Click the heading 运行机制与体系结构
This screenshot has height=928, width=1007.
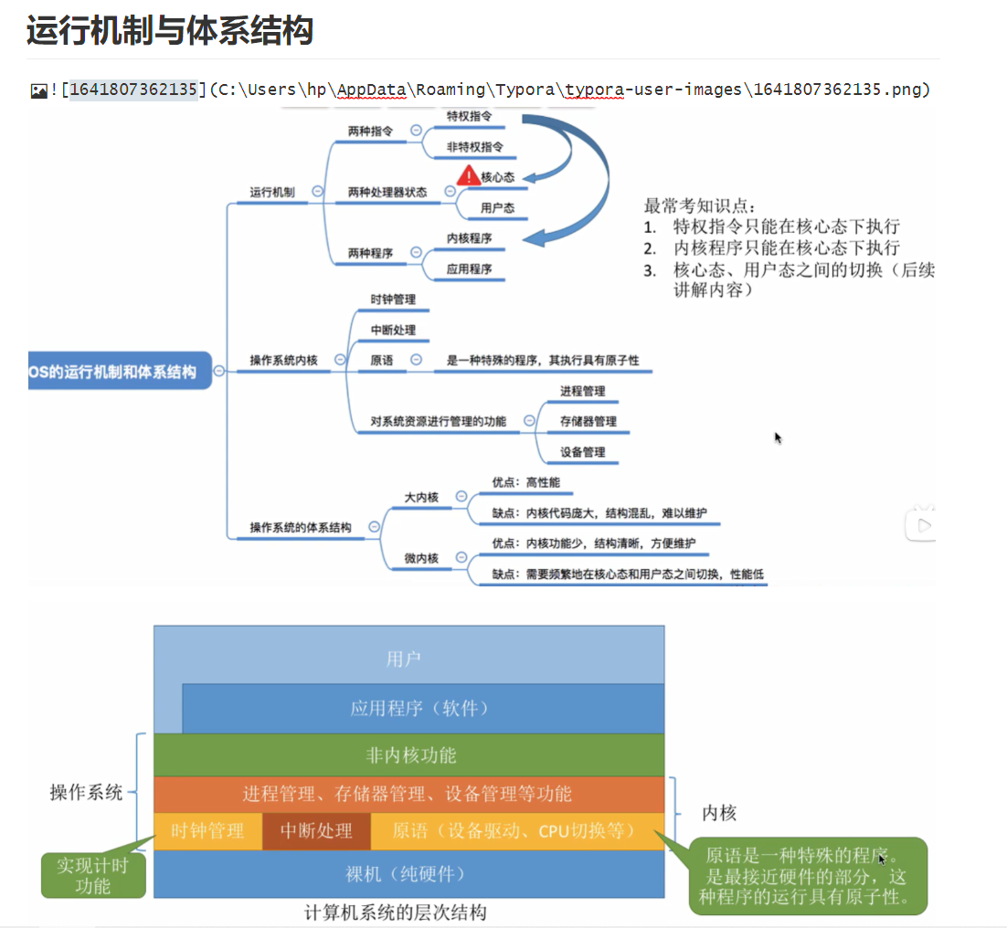[x=170, y=31]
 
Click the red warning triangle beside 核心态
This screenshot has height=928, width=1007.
[x=468, y=176]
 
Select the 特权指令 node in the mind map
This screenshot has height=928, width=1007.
[x=469, y=117]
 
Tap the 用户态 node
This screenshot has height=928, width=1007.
[x=497, y=208]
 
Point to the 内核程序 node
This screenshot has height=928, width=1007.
[x=470, y=238]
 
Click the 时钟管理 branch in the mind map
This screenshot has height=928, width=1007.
[x=393, y=300]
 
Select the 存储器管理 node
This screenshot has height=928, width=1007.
[x=588, y=421]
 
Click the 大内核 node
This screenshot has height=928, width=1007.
[x=421, y=497]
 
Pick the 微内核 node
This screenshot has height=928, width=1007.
[x=421, y=558]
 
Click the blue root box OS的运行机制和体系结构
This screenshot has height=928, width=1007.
[x=115, y=371]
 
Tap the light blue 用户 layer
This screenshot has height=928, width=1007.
[x=404, y=659]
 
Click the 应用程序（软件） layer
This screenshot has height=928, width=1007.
[x=420, y=709]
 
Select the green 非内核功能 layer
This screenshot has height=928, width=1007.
[x=409, y=755]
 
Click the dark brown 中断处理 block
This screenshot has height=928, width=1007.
[x=316, y=831]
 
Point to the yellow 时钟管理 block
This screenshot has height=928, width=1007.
[x=207, y=831]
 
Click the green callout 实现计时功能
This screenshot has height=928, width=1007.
[x=92, y=874]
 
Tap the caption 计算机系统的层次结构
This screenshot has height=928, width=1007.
[x=395, y=912]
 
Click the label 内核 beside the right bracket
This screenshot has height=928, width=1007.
[x=719, y=813]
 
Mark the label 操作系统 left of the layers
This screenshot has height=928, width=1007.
[x=86, y=792]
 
